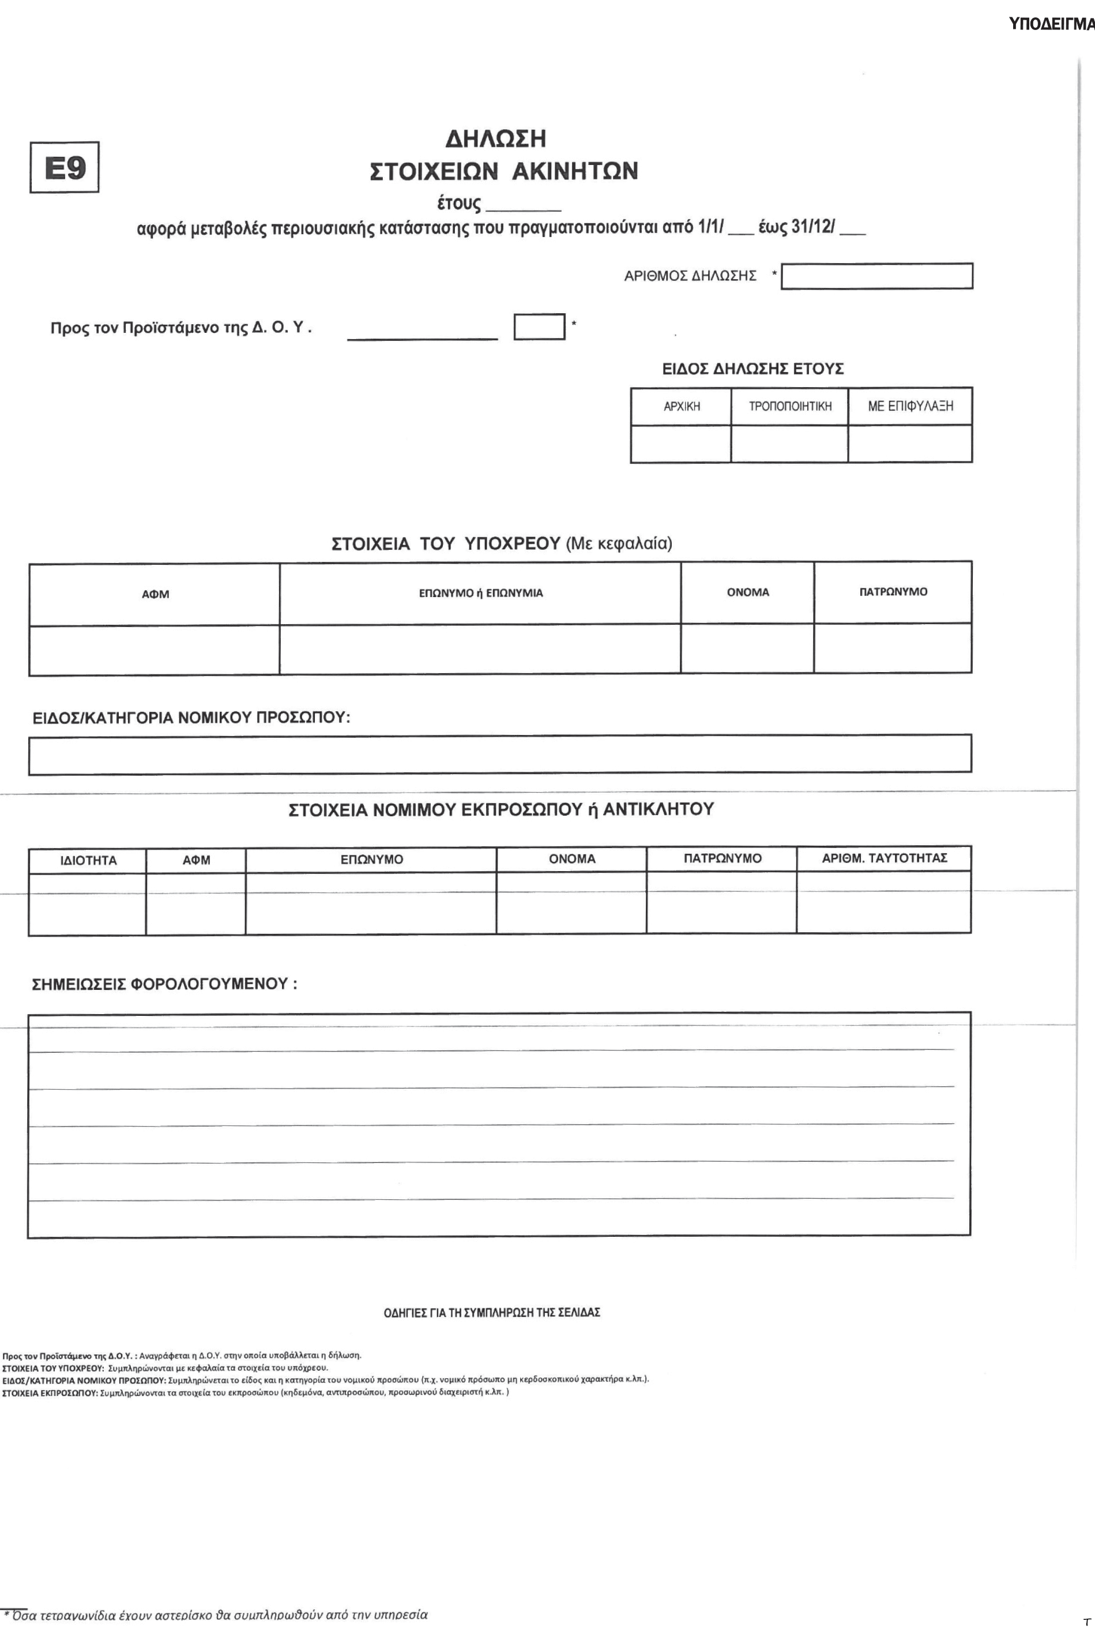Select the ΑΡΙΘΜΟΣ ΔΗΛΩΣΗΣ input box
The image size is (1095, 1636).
[x=876, y=276]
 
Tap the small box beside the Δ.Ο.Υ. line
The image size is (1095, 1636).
[x=539, y=327]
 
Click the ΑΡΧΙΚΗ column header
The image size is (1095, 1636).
[x=681, y=407]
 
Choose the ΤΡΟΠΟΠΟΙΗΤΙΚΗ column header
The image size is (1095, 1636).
[x=790, y=407]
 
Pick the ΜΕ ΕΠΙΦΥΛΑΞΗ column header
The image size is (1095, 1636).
[x=910, y=407]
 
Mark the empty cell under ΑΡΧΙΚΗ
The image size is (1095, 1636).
[x=681, y=444]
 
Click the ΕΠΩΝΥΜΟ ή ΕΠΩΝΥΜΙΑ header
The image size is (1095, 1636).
[x=480, y=593]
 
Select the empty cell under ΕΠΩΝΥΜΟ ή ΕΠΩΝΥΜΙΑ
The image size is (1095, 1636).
[x=480, y=649]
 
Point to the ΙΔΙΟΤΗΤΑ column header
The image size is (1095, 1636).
[x=88, y=861]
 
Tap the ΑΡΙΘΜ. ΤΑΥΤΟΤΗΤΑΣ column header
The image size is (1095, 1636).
[x=884, y=858]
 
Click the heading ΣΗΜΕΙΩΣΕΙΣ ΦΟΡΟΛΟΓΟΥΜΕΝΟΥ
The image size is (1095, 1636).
[x=165, y=984]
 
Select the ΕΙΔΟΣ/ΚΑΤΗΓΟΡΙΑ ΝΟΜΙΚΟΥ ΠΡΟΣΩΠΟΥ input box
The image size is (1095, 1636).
[x=500, y=755]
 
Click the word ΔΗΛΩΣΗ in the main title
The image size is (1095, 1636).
[x=496, y=139]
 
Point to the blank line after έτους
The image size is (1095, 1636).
[x=523, y=208]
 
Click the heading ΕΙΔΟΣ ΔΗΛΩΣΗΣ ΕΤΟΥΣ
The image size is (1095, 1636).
[x=753, y=369]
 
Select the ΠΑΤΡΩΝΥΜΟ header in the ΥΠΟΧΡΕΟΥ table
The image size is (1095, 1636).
[x=893, y=592]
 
